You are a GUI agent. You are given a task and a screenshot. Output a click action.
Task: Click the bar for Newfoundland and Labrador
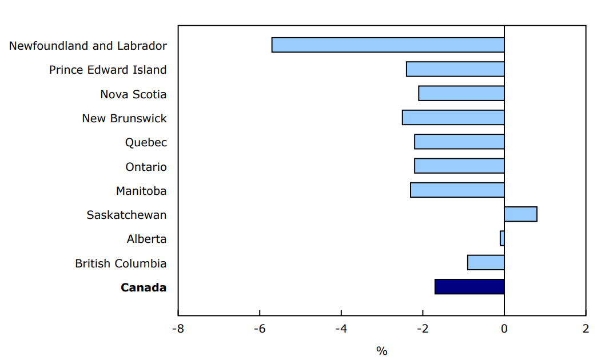click(388, 45)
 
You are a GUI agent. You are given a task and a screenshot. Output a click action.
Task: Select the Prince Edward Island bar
click(455, 69)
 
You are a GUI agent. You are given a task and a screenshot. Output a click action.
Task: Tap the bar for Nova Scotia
click(461, 93)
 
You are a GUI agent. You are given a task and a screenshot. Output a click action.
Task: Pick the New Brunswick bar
click(453, 118)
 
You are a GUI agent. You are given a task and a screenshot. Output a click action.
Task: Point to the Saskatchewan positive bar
click(520, 214)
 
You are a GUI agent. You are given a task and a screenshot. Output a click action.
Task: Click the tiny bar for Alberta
click(502, 238)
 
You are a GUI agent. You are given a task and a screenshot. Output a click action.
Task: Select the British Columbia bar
click(485, 262)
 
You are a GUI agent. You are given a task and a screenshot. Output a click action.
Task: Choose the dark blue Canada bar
click(469, 286)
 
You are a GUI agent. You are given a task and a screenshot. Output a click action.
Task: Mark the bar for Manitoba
click(457, 190)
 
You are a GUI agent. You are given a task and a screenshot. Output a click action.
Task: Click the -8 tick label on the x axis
click(178, 329)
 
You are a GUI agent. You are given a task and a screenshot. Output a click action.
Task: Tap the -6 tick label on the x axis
click(260, 329)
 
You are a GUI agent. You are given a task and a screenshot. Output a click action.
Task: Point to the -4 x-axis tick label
click(341, 329)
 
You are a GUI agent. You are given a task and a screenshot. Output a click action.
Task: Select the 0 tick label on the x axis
click(504, 329)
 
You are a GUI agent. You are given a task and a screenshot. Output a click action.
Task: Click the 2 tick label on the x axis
click(586, 329)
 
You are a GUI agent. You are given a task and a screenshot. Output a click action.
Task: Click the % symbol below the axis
click(382, 351)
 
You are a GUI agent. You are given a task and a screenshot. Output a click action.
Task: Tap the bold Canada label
click(144, 287)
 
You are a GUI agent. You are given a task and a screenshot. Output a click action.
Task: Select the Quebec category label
click(146, 143)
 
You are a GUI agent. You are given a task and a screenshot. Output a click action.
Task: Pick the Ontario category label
click(146, 167)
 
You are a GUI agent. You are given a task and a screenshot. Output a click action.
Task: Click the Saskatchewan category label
click(126, 215)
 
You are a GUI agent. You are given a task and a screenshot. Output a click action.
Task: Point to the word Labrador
click(142, 46)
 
